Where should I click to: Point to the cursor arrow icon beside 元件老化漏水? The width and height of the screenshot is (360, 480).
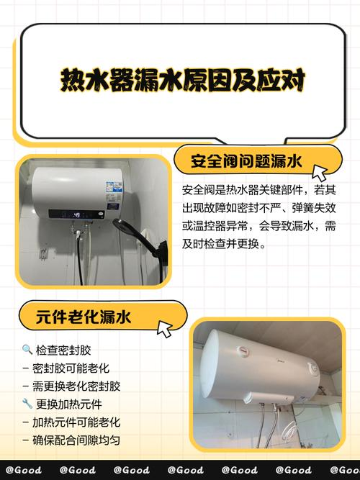[x=165, y=329]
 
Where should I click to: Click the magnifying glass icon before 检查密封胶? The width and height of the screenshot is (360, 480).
[x=27, y=350]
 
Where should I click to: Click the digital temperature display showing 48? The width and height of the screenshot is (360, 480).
[x=76, y=214]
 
